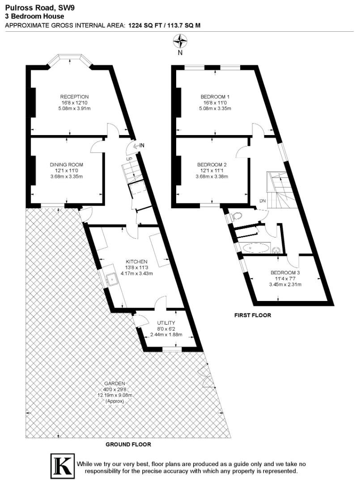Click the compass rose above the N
coord(180,42)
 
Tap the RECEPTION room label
coord(75,97)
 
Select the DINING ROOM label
coord(66,165)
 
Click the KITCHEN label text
coord(136,262)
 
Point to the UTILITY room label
coord(166,323)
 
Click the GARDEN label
coord(114,384)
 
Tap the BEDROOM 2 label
coord(212,165)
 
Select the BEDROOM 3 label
coord(285,273)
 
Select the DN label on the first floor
coord(263,201)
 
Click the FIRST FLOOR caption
coord(253,315)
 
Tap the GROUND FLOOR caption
coord(128,445)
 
